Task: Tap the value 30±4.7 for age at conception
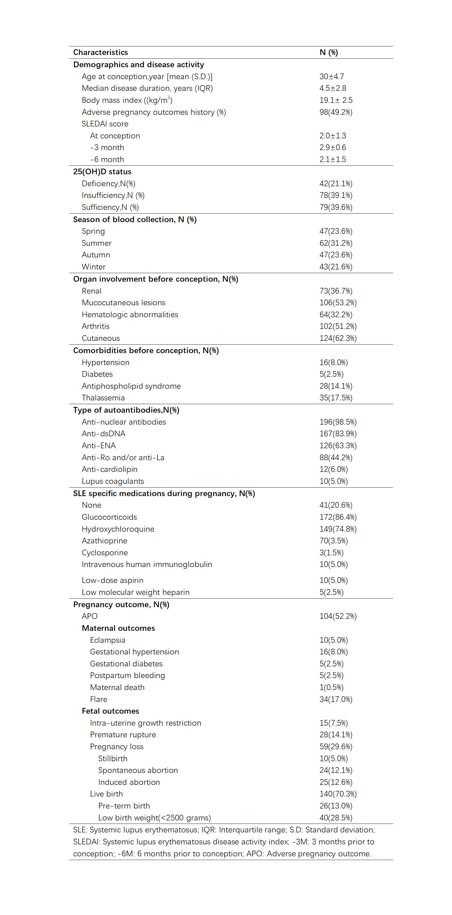[x=332, y=76]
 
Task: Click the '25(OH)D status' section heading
[x=102, y=171]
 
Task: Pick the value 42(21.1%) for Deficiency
[x=336, y=184]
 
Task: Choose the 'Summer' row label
[x=97, y=243]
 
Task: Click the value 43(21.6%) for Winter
[x=336, y=267]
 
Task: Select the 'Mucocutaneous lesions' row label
[x=124, y=303]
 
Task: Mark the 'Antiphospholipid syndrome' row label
[x=131, y=386]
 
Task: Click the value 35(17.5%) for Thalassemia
[x=336, y=398]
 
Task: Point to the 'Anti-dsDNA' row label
[x=103, y=434]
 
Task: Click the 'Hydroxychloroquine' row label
[x=118, y=529]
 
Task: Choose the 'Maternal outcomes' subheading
[x=118, y=628]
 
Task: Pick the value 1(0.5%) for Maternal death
[x=332, y=687]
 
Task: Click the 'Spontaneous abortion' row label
[x=138, y=770]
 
